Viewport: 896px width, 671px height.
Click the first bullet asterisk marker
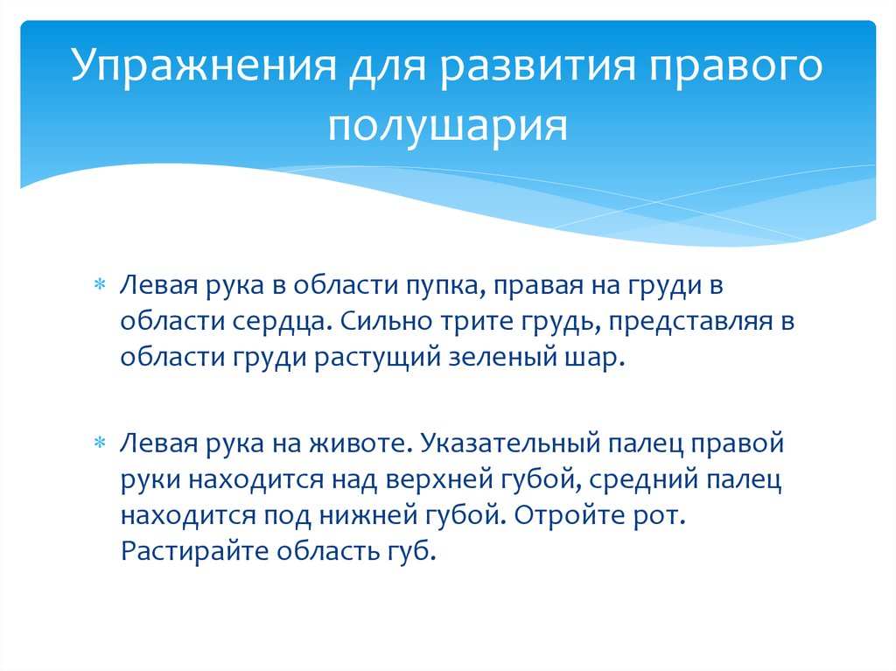point(99,286)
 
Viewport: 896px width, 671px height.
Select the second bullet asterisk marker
point(99,443)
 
